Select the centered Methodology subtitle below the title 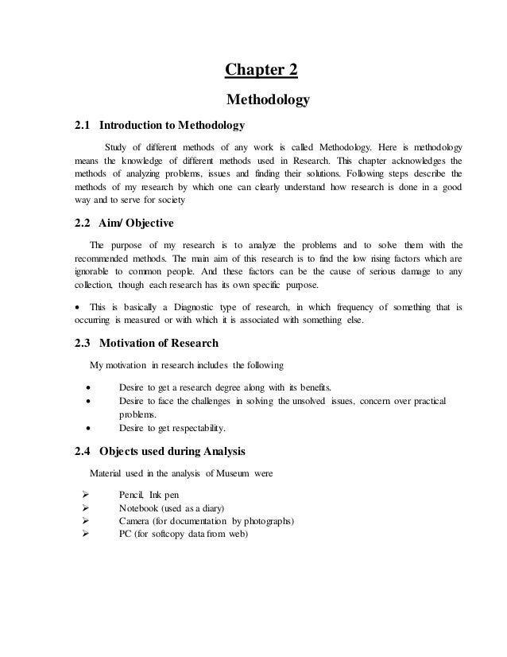(262, 100)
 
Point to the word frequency (358, 306)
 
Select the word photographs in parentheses (265, 521)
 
